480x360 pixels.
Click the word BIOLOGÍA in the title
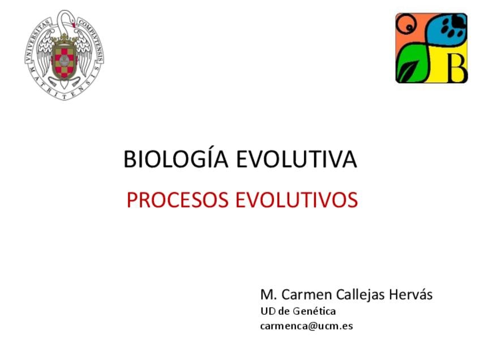[x=175, y=158]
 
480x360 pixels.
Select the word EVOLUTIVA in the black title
[x=297, y=159]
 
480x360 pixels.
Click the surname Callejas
[x=360, y=295]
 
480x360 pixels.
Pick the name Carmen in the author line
[x=307, y=295]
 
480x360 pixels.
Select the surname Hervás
[x=411, y=294]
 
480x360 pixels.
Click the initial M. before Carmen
[x=269, y=295]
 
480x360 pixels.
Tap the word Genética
[x=314, y=311]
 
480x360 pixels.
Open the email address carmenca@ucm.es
[x=306, y=326]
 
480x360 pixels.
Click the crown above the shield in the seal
[x=64, y=39]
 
